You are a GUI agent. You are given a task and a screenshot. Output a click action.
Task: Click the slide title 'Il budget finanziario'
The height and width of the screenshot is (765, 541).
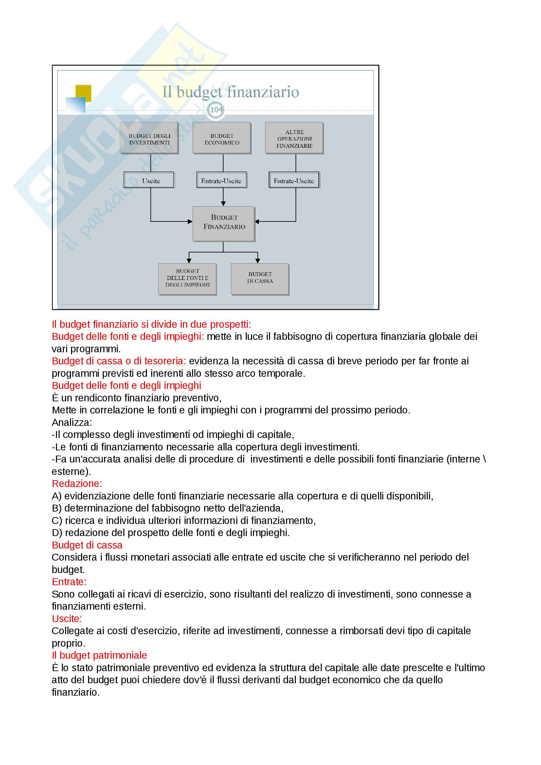point(230,92)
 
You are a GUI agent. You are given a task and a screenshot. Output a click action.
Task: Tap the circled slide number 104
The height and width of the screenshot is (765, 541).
point(216,110)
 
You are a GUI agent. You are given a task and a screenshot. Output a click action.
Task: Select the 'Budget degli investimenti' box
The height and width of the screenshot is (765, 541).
point(149,138)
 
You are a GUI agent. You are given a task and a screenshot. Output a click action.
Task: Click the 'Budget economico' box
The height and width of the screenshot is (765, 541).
point(222,138)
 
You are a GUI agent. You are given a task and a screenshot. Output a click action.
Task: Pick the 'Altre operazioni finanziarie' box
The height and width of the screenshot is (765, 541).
point(294,138)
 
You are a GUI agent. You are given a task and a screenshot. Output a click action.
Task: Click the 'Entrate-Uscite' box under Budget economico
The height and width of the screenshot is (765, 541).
point(221,181)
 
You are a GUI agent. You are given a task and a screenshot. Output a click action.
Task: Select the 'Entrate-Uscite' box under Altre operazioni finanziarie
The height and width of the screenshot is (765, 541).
point(294,181)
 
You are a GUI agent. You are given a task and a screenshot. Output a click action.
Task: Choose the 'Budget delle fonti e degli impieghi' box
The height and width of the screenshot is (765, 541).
point(187,279)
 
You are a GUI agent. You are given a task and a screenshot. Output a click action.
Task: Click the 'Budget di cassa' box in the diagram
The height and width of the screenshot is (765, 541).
point(260,279)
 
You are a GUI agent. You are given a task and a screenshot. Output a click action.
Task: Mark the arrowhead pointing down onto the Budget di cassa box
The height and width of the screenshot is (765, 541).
point(258,261)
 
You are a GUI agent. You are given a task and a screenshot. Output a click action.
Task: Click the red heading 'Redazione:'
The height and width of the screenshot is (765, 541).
point(77,484)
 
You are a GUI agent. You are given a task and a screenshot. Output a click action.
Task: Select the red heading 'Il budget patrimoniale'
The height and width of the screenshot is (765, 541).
point(99,655)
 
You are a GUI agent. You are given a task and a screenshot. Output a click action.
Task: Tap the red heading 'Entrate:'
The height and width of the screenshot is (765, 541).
point(69,582)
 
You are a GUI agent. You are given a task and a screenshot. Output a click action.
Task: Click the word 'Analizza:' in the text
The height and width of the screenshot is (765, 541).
point(72,423)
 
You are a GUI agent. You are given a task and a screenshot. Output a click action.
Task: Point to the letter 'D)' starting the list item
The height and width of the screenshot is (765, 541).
point(57,533)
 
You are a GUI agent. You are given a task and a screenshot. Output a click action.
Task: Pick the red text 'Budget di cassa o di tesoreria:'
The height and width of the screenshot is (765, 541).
point(119,361)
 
